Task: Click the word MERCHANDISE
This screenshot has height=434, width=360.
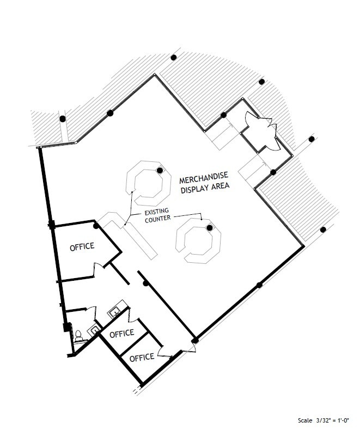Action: coord(204,177)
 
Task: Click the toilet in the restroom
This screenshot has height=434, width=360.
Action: coord(78,336)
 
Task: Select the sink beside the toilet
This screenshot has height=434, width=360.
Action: coord(94,330)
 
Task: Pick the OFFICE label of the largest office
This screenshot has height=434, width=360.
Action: coord(82,246)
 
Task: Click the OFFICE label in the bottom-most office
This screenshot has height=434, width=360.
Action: coord(142,357)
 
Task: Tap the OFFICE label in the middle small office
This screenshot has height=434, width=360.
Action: coord(121,333)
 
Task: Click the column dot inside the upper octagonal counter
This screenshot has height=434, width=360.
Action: coord(160,171)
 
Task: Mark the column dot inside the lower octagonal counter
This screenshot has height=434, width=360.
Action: coord(210,228)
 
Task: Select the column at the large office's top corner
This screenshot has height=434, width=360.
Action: coord(96,226)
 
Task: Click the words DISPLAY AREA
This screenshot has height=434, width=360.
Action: coord(205,187)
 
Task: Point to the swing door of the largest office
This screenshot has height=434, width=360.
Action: coord(99,268)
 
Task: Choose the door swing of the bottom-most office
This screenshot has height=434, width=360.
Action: coord(164,352)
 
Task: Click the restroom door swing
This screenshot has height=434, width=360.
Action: coord(91,312)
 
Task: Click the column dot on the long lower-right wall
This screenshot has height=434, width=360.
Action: coord(259,285)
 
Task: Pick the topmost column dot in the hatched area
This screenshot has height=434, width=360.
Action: coord(174,58)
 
